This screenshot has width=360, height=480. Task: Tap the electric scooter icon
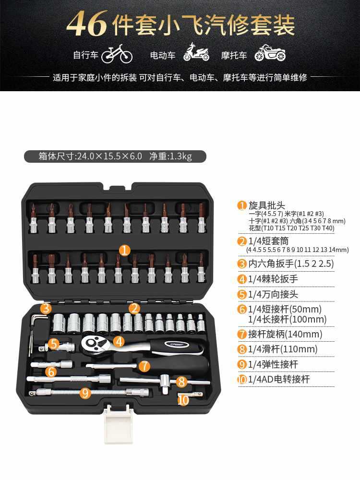click(196, 52)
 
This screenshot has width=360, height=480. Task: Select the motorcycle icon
click(270, 53)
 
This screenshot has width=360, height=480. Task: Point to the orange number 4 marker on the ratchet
click(119, 341)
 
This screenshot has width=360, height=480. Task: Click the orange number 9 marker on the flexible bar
click(85, 393)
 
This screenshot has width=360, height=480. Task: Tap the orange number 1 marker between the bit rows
click(125, 250)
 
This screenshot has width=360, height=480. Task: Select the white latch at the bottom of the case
click(118, 423)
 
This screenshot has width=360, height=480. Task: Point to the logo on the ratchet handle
click(174, 344)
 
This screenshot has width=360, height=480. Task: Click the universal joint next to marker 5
click(58, 346)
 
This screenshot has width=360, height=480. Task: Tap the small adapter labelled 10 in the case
click(190, 395)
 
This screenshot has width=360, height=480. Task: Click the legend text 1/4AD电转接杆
click(279, 379)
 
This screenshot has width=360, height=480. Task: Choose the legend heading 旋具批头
click(266, 205)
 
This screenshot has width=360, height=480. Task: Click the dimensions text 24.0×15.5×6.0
click(109, 156)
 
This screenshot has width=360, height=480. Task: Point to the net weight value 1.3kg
click(180, 156)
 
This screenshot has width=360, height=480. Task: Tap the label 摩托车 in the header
click(234, 55)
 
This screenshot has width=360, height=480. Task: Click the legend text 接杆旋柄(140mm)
click(285, 334)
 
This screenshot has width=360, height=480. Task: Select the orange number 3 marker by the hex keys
click(46, 308)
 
